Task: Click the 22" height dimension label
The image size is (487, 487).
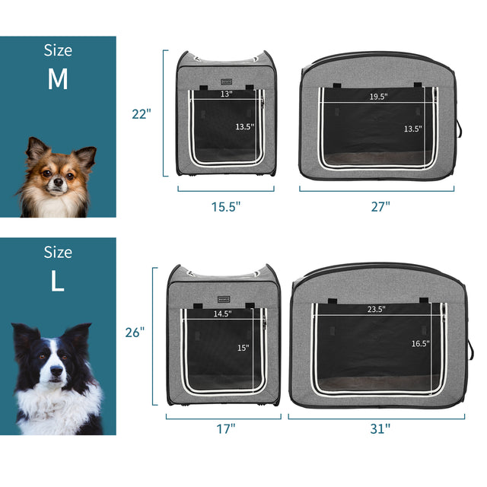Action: click(142, 114)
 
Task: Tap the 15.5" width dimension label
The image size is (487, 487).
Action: click(225, 206)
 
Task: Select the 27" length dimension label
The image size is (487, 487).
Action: click(380, 206)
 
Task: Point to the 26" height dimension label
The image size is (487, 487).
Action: click(135, 332)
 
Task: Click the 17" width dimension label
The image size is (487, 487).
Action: click(225, 429)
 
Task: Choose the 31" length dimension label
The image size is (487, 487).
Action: click(380, 429)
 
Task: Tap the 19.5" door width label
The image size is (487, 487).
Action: click(378, 97)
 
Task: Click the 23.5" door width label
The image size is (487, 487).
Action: click(377, 310)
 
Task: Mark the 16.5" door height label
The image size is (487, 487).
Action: click(420, 344)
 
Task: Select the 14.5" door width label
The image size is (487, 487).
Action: click(222, 314)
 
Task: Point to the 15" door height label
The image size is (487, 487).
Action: click(243, 348)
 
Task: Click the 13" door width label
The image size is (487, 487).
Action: click(226, 95)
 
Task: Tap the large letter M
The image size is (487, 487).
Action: click(58, 80)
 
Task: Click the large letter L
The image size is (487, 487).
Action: click(58, 282)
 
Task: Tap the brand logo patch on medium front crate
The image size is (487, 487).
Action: click(226, 81)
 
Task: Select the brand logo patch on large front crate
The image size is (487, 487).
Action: click(222, 297)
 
